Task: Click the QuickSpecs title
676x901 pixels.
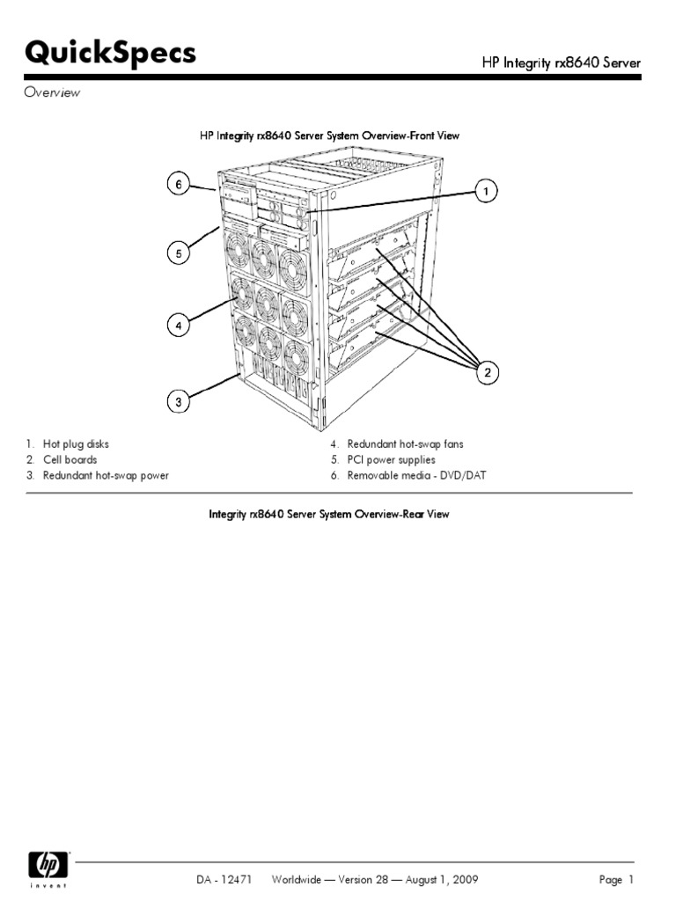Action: click(110, 54)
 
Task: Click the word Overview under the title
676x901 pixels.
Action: click(52, 92)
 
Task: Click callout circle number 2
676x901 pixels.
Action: click(487, 374)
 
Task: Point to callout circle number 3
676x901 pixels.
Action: click(178, 402)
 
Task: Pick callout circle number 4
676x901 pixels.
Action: click(178, 326)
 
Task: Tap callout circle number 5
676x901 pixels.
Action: click(178, 254)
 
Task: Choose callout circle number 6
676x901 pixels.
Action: click(178, 185)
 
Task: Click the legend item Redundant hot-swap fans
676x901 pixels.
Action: click(405, 444)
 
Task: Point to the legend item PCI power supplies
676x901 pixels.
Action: click(391, 459)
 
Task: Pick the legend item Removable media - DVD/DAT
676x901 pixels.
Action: click(416, 475)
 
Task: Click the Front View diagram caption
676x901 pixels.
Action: click(328, 136)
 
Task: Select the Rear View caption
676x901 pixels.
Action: click(328, 514)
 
